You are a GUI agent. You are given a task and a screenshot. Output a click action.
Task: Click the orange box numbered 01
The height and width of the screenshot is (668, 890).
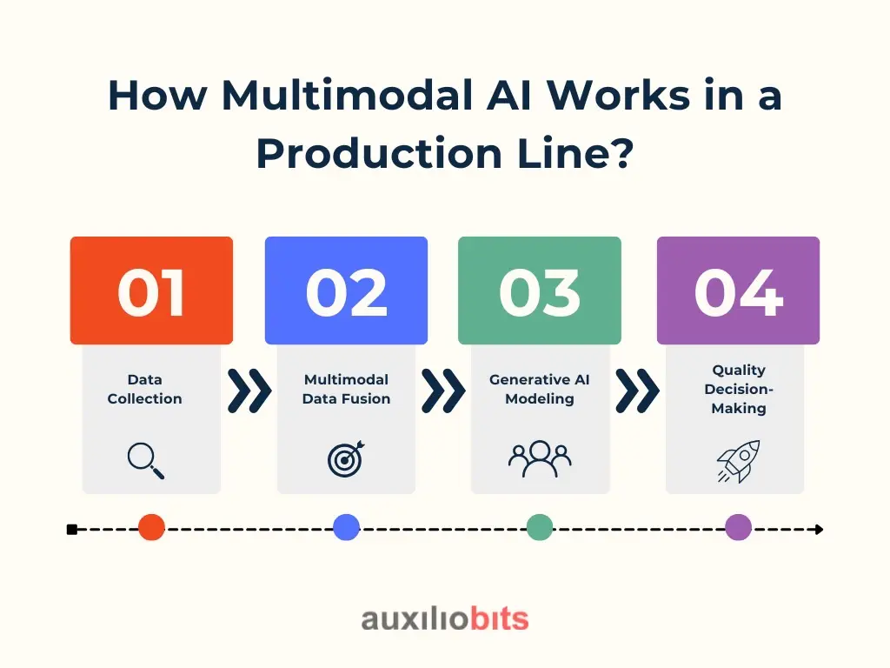click(151, 291)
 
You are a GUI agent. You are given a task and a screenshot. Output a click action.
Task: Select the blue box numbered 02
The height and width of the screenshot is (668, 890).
click(346, 291)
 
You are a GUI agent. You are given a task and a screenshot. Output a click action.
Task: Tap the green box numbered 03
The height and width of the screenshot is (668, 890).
click(540, 291)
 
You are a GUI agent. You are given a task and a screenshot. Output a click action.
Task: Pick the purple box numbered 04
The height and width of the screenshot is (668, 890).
click(739, 291)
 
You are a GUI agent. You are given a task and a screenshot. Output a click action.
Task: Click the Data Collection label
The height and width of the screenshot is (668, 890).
click(145, 389)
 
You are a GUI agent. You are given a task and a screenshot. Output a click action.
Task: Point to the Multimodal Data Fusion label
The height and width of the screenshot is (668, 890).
click(346, 389)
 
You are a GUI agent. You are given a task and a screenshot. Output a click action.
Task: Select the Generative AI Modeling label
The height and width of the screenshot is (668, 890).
click(540, 389)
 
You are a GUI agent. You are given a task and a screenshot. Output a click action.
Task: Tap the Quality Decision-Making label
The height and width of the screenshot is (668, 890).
click(739, 389)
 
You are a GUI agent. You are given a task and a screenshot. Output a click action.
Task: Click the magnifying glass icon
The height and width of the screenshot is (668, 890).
click(145, 461)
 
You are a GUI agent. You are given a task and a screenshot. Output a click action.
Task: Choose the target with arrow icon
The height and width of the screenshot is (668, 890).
click(346, 459)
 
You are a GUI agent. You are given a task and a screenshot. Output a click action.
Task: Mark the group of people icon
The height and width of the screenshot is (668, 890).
click(540, 459)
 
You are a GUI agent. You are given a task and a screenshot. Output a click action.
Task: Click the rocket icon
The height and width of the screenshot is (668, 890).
click(739, 461)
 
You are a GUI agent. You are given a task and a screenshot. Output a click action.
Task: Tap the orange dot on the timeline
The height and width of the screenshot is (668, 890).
click(151, 527)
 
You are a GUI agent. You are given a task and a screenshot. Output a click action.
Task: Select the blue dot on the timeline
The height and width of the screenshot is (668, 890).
click(346, 527)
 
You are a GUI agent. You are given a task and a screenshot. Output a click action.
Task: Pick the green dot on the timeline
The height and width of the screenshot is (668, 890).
click(540, 527)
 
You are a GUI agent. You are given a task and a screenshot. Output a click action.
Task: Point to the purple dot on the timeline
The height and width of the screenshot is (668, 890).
click(739, 527)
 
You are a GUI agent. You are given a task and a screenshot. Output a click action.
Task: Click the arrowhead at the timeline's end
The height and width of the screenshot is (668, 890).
click(819, 530)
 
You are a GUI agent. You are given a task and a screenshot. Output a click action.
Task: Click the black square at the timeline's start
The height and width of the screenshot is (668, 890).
click(72, 530)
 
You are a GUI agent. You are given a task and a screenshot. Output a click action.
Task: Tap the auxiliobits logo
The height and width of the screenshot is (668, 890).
click(445, 618)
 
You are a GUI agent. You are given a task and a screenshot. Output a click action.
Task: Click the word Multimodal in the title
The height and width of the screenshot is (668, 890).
click(348, 95)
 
